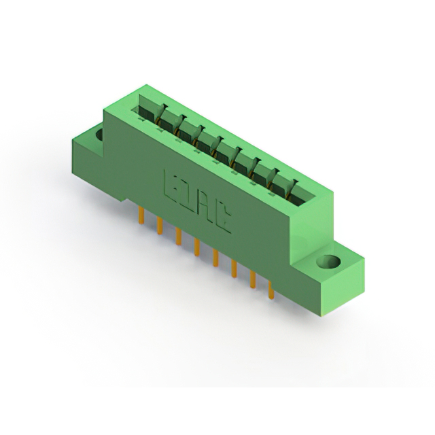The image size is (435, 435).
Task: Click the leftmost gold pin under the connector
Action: (141, 215)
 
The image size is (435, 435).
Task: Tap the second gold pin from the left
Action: (159, 226)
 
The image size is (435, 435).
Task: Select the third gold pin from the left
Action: (178, 236)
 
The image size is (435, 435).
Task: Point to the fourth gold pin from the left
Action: (196, 247)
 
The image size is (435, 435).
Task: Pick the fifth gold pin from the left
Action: (215, 258)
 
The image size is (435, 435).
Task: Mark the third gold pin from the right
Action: (234, 268)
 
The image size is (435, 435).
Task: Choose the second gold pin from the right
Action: (253, 279)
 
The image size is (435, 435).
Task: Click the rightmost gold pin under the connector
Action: (271, 290)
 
